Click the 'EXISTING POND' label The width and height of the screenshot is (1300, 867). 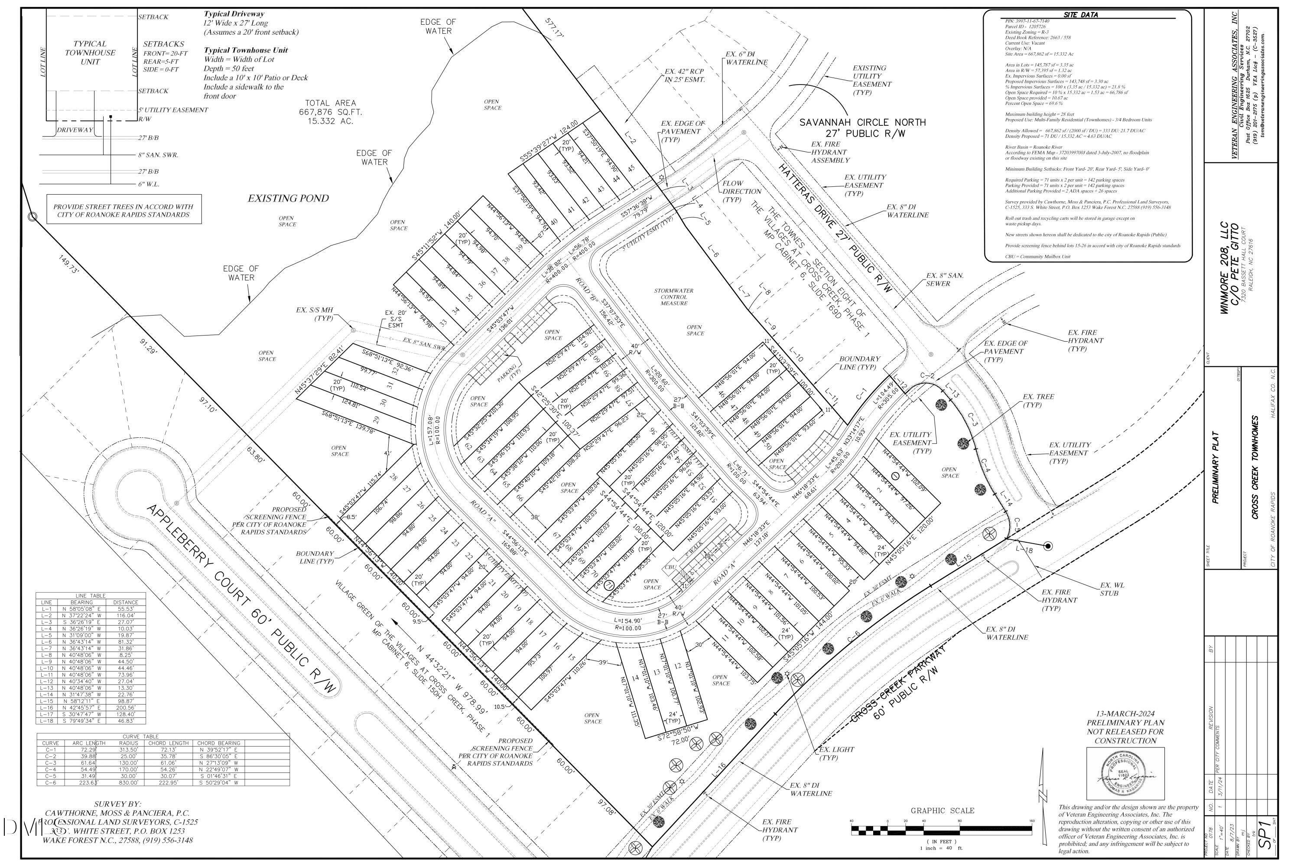click(x=288, y=199)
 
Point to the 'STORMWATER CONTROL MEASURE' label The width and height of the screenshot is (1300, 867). click(x=673, y=297)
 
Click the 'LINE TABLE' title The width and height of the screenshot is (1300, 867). click(x=91, y=596)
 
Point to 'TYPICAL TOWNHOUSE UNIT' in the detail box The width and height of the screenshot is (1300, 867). click(x=90, y=52)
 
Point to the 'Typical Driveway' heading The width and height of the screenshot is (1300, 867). click(x=234, y=14)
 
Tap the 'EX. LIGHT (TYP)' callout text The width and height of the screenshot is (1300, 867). click(x=837, y=753)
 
